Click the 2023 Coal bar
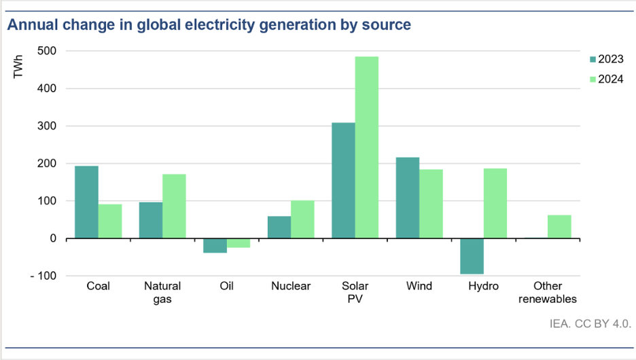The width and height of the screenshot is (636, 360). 86,202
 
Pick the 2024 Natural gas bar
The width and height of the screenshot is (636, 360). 174,206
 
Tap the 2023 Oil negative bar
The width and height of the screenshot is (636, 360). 215,245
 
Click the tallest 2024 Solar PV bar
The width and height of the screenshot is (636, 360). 367,147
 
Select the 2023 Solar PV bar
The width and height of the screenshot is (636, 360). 343,180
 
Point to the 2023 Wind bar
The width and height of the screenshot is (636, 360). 408,198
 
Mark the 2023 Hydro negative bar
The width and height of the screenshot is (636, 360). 472,256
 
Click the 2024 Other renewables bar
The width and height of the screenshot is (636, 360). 559,226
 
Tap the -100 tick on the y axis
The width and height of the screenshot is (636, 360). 42,276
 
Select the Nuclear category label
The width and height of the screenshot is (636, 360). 291,286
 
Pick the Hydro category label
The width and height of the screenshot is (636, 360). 483,286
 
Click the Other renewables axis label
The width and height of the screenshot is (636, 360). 547,292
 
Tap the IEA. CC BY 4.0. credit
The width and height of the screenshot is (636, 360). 590,324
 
